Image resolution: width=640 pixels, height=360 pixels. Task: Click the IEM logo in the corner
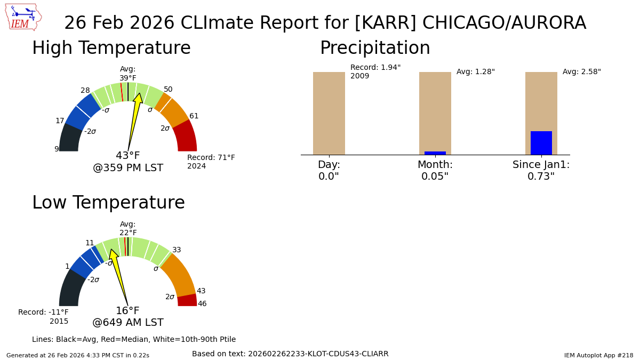(x=23, y=17)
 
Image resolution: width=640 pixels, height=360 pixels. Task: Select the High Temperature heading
(x=111, y=49)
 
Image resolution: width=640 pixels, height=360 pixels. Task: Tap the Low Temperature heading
(x=108, y=203)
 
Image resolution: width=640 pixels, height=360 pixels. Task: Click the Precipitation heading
(x=375, y=49)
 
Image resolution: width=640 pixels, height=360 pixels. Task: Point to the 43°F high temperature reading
(x=128, y=156)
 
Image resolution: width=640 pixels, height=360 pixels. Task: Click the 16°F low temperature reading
(x=128, y=311)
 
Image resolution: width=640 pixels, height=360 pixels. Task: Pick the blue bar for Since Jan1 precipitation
(x=541, y=143)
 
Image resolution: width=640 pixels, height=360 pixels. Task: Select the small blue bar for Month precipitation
(x=435, y=153)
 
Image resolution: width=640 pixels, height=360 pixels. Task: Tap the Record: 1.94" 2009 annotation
(x=375, y=72)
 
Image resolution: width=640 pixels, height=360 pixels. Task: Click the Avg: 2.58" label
(x=581, y=72)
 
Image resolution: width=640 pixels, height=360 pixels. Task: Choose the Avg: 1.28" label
(x=475, y=72)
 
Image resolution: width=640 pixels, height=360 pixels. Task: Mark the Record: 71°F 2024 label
(x=211, y=162)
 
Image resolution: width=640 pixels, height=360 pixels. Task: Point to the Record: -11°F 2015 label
(x=44, y=317)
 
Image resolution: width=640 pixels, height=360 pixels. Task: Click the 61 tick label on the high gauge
(x=194, y=116)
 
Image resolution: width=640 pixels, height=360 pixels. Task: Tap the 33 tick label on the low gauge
(x=177, y=250)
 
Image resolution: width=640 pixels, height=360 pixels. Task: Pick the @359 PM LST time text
(x=128, y=169)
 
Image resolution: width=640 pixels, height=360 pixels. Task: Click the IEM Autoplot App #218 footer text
(x=598, y=355)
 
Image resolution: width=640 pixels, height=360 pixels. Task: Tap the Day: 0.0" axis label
(x=329, y=171)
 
